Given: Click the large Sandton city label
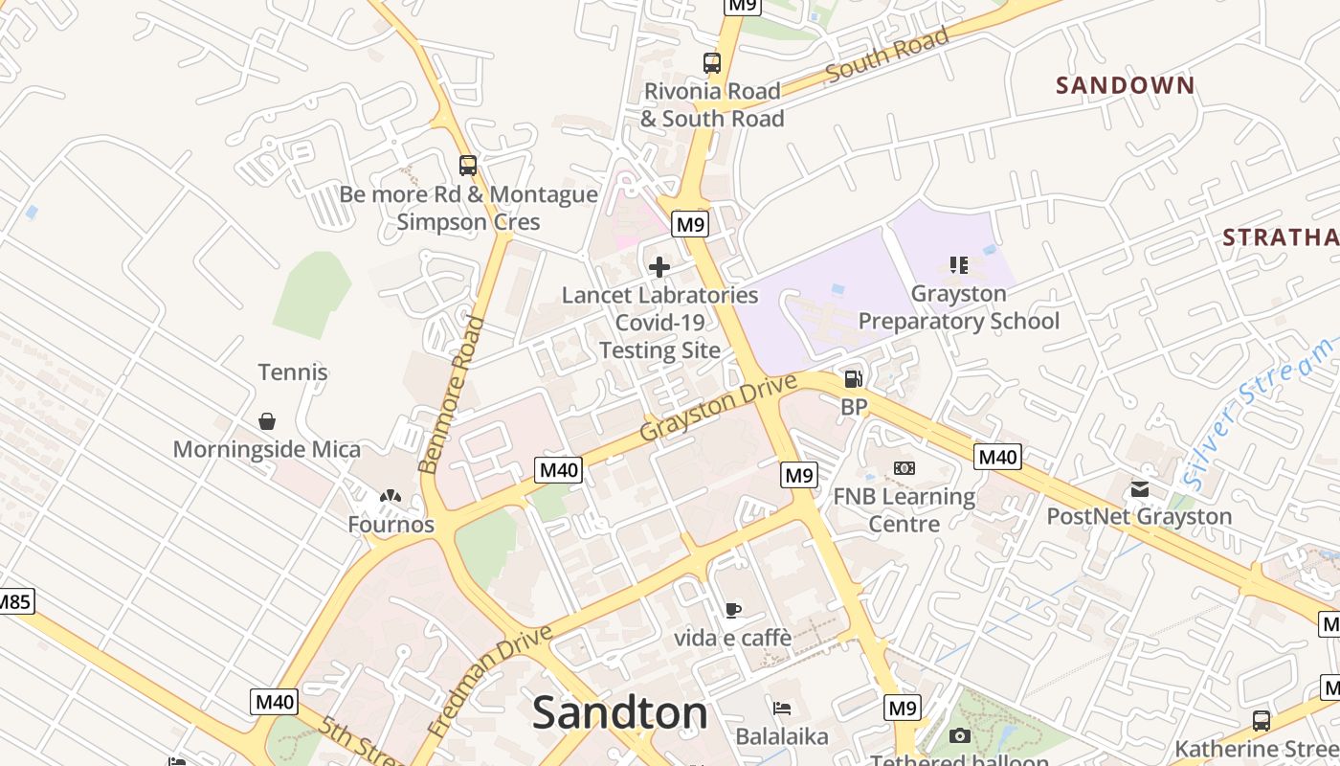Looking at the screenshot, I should (x=619, y=712).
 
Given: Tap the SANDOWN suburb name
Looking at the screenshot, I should (x=1126, y=85).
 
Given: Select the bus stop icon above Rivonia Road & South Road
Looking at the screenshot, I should (x=711, y=63).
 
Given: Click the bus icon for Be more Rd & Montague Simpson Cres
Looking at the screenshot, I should (x=467, y=166).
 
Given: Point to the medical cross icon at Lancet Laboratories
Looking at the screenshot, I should (x=659, y=267).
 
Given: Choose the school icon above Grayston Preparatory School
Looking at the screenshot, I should (x=958, y=264).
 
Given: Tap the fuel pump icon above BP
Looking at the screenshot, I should (x=853, y=379).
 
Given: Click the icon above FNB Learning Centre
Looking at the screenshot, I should (x=904, y=468).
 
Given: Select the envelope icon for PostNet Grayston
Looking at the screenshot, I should (x=1139, y=489).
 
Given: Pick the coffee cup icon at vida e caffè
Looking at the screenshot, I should (x=732, y=610).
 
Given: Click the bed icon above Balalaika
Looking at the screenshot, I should (x=782, y=709).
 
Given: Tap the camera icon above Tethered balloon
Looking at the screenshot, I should (x=959, y=735).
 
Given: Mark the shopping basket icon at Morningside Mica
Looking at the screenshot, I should (x=267, y=421).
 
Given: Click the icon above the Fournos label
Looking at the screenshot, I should (x=390, y=497).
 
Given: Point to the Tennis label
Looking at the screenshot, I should (x=293, y=372).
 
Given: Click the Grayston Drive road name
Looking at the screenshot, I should (x=718, y=408).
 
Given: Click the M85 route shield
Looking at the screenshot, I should (x=13, y=602).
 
